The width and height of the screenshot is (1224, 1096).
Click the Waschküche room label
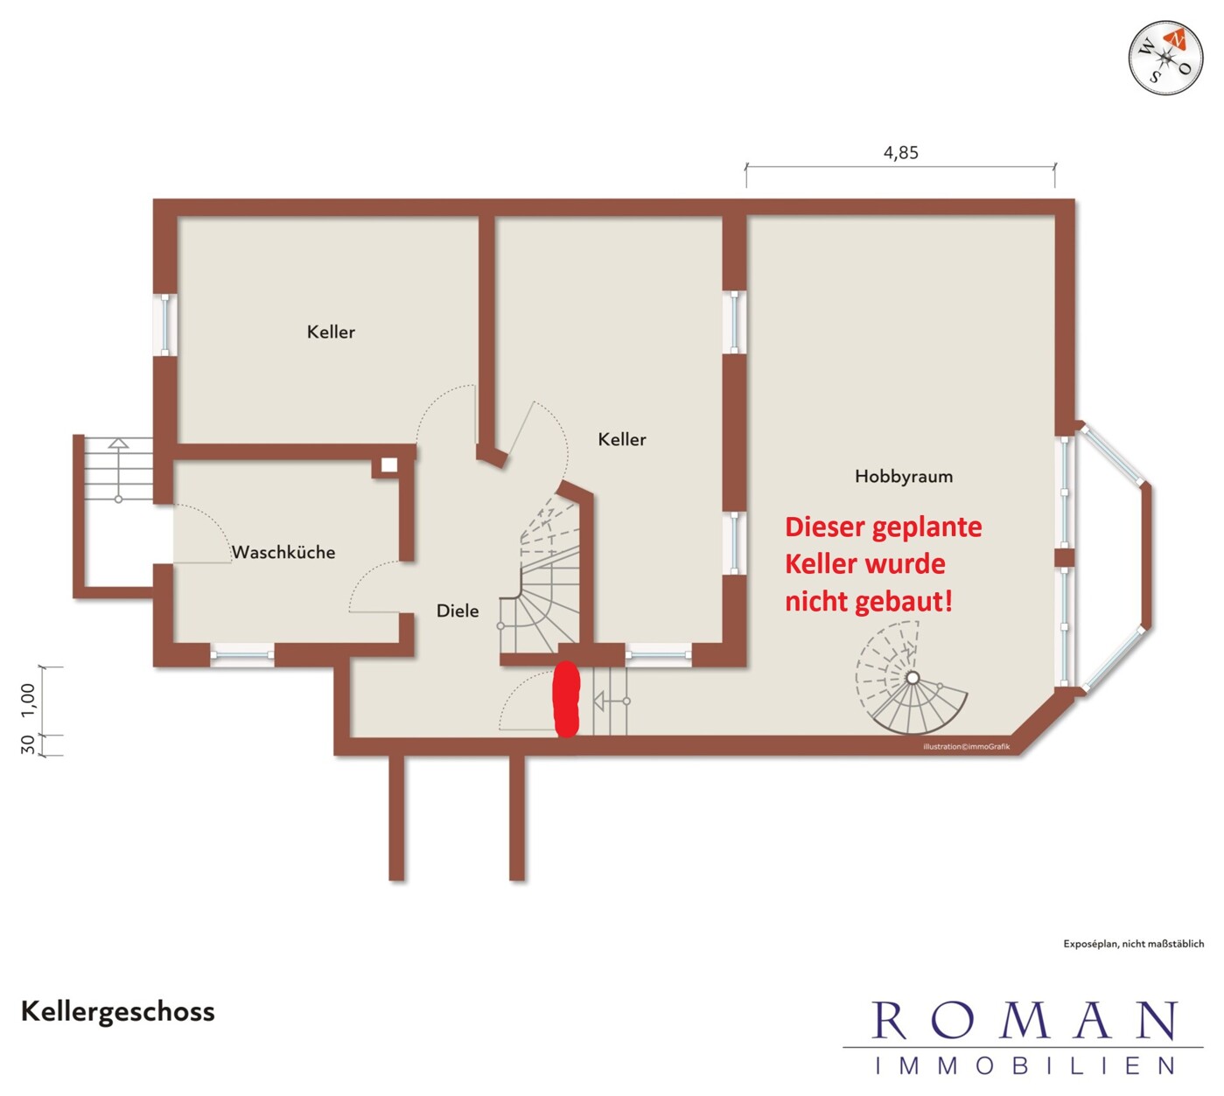click(283, 552)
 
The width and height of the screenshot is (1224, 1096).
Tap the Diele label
click(458, 611)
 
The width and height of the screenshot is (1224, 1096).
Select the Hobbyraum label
click(904, 477)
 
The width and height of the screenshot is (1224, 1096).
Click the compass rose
click(1165, 58)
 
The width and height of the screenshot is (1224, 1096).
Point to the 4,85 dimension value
click(901, 152)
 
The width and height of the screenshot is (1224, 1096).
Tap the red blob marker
click(567, 699)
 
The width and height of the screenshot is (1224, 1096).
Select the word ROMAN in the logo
click(1024, 1021)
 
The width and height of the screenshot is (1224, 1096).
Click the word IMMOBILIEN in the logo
click(1025, 1066)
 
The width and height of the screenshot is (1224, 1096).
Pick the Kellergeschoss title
click(118, 1012)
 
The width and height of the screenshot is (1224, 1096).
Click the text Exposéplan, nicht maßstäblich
click(1133, 944)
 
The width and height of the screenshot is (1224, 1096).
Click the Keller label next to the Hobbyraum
click(622, 439)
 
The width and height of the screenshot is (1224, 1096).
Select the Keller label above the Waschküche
click(331, 332)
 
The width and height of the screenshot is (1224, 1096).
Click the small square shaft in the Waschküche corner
click(389, 464)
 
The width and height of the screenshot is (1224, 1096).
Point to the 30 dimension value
click(28, 745)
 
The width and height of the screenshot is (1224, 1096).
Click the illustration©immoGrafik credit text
click(966, 747)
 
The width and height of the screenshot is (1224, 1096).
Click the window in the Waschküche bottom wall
click(241, 655)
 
